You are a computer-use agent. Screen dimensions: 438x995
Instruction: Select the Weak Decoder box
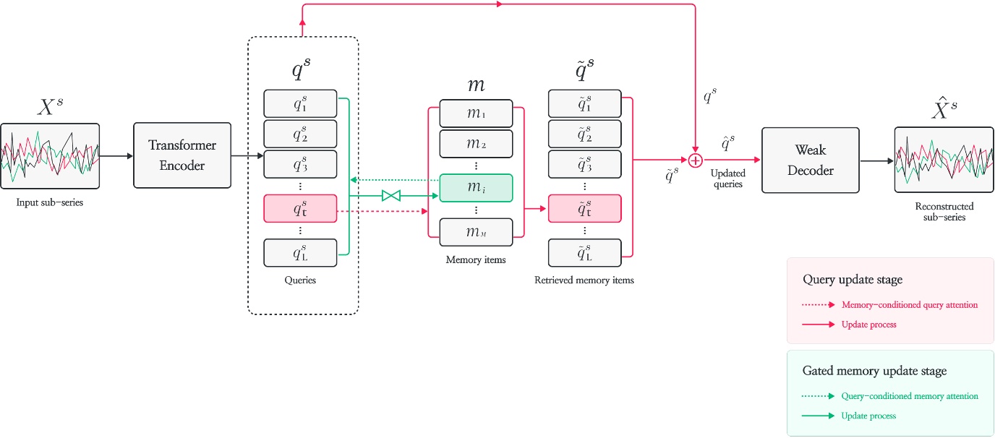click(810, 160)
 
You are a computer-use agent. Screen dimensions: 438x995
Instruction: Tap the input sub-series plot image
click(50, 157)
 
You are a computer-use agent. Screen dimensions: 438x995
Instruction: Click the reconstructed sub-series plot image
click(943, 160)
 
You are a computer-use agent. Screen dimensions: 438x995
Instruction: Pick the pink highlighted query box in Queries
click(300, 209)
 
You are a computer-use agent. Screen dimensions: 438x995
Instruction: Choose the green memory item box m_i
click(476, 189)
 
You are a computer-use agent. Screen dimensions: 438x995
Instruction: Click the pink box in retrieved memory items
click(584, 209)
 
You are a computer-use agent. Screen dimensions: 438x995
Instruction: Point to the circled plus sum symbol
click(695, 160)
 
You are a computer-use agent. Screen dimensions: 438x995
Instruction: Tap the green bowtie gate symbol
click(390, 195)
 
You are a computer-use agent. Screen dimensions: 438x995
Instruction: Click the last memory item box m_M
click(476, 231)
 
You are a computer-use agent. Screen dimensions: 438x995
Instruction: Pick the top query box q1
click(300, 104)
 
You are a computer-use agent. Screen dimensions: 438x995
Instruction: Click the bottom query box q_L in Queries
click(300, 252)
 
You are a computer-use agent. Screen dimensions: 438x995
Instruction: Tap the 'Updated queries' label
click(727, 179)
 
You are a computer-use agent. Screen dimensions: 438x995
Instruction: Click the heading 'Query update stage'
click(852, 280)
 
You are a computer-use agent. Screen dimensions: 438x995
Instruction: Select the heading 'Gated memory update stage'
click(874, 372)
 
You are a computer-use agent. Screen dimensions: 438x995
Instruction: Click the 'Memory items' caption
click(475, 259)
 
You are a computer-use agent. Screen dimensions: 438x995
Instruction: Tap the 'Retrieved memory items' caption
click(584, 280)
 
